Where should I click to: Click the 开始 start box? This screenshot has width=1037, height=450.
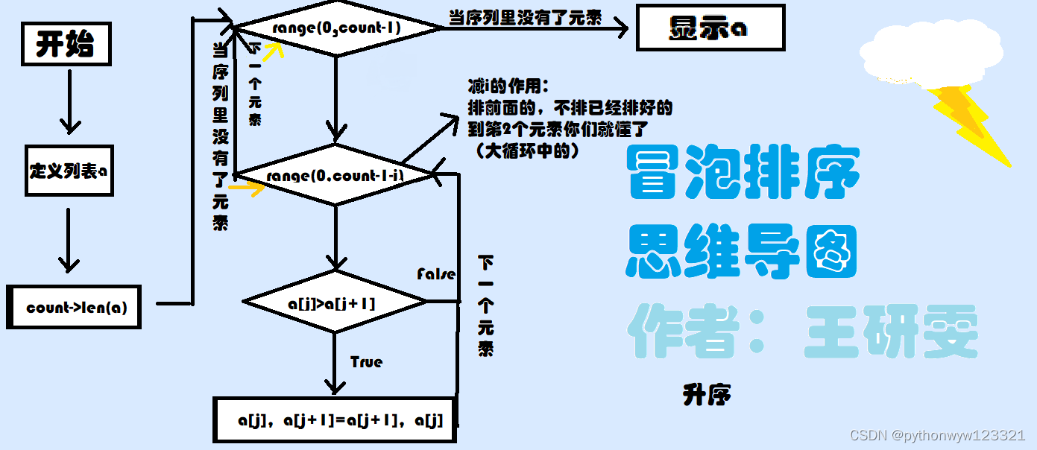(x=66, y=45)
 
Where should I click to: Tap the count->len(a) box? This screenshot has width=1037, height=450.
(x=73, y=306)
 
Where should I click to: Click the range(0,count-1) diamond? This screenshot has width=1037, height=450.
(x=337, y=28)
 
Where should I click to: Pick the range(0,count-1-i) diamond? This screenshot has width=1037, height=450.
(x=334, y=176)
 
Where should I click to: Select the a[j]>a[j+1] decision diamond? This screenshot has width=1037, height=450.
(x=335, y=303)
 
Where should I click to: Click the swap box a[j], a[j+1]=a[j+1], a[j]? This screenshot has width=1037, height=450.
(x=337, y=421)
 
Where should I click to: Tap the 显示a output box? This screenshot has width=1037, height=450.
(x=709, y=28)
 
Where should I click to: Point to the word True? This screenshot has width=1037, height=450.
(x=366, y=362)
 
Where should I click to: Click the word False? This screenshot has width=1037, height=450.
(x=436, y=274)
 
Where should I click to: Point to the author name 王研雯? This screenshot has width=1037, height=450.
(x=890, y=332)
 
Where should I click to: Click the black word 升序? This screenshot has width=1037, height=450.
(x=706, y=395)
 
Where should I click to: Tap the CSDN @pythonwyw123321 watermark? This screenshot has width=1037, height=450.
(x=937, y=435)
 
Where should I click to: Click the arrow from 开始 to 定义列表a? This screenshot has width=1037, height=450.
(x=69, y=101)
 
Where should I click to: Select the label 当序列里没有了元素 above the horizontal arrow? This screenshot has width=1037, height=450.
(x=525, y=18)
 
